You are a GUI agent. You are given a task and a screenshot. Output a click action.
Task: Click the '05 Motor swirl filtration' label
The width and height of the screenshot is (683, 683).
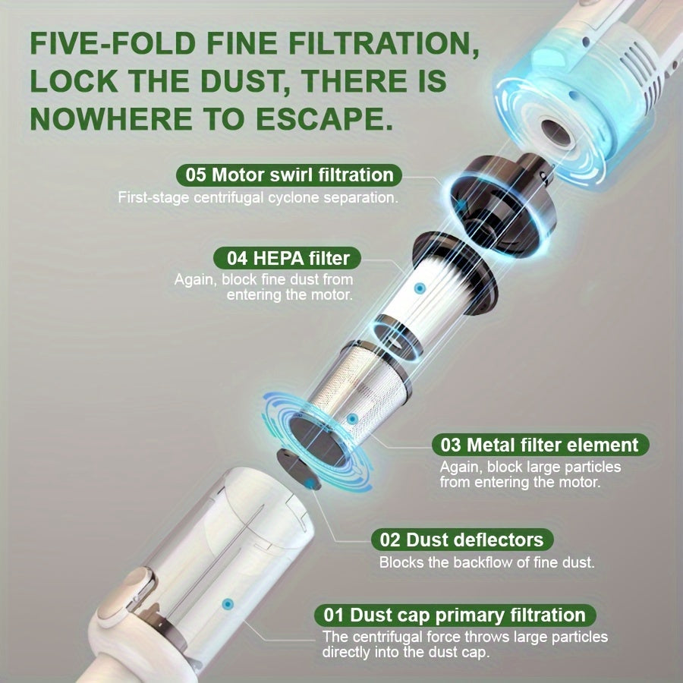[289, 175]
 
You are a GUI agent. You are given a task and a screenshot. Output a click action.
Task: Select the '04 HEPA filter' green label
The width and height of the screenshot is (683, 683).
[288, 258]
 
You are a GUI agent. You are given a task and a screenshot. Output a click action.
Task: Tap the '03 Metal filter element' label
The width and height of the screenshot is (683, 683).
[540, 445]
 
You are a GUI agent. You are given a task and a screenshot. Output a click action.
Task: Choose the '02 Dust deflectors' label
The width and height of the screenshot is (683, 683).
[461, 540]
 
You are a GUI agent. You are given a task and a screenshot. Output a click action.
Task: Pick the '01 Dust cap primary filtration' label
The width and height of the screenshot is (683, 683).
[455, 615]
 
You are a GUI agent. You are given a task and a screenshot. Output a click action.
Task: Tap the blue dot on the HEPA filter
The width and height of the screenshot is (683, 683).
[420, 288]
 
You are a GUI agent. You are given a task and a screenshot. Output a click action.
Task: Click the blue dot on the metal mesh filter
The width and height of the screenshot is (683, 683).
[352, 419]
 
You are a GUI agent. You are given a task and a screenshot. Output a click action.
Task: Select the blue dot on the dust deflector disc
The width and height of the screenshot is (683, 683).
[310, 483]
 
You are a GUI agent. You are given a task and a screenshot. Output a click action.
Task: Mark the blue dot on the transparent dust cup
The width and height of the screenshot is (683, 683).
[228, 604]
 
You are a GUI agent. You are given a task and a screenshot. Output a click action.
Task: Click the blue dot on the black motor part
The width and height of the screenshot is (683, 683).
[461, 205]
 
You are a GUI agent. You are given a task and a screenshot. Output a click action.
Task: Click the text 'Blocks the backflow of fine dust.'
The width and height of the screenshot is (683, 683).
[486, 562]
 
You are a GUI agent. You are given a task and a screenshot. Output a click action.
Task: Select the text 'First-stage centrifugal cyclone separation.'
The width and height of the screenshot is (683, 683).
[258, 198]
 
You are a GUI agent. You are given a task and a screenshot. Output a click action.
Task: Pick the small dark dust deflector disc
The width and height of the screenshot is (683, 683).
[299, 470]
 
